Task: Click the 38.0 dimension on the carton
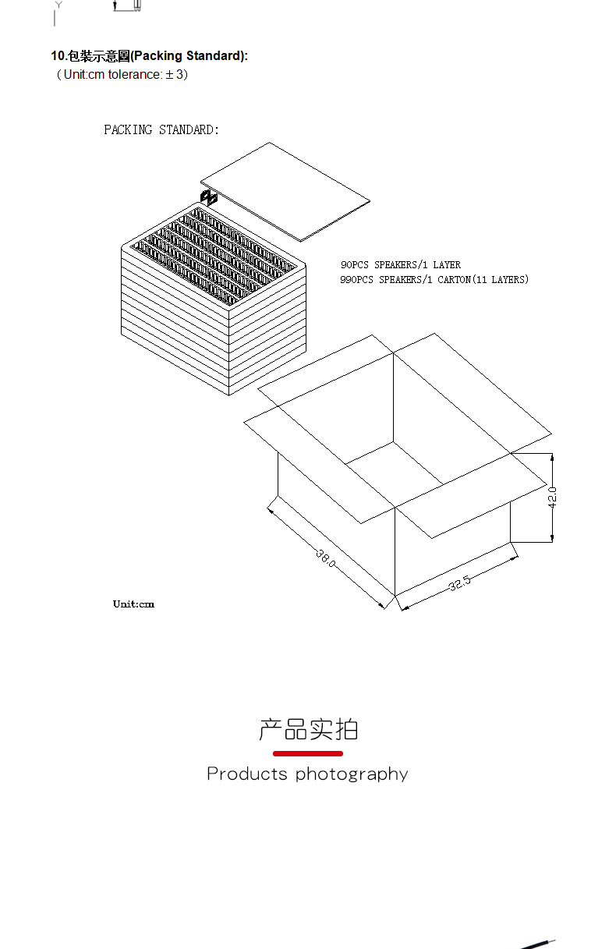click(326, 557)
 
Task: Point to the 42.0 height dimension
click(552, 497)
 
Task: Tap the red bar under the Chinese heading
click(308, 753)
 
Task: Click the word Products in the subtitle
click(247, 774)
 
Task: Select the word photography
click(352, 774)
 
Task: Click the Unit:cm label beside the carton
click(133, 604)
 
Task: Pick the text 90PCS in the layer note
click(354, 265)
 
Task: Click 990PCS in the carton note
click(357, 279)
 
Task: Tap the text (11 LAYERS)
click(500, 279)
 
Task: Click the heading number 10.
click(58, 56)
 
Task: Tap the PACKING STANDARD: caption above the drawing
click(161, 129)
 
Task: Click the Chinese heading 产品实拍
click(308, 729)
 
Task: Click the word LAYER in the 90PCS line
click(447, 265)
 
